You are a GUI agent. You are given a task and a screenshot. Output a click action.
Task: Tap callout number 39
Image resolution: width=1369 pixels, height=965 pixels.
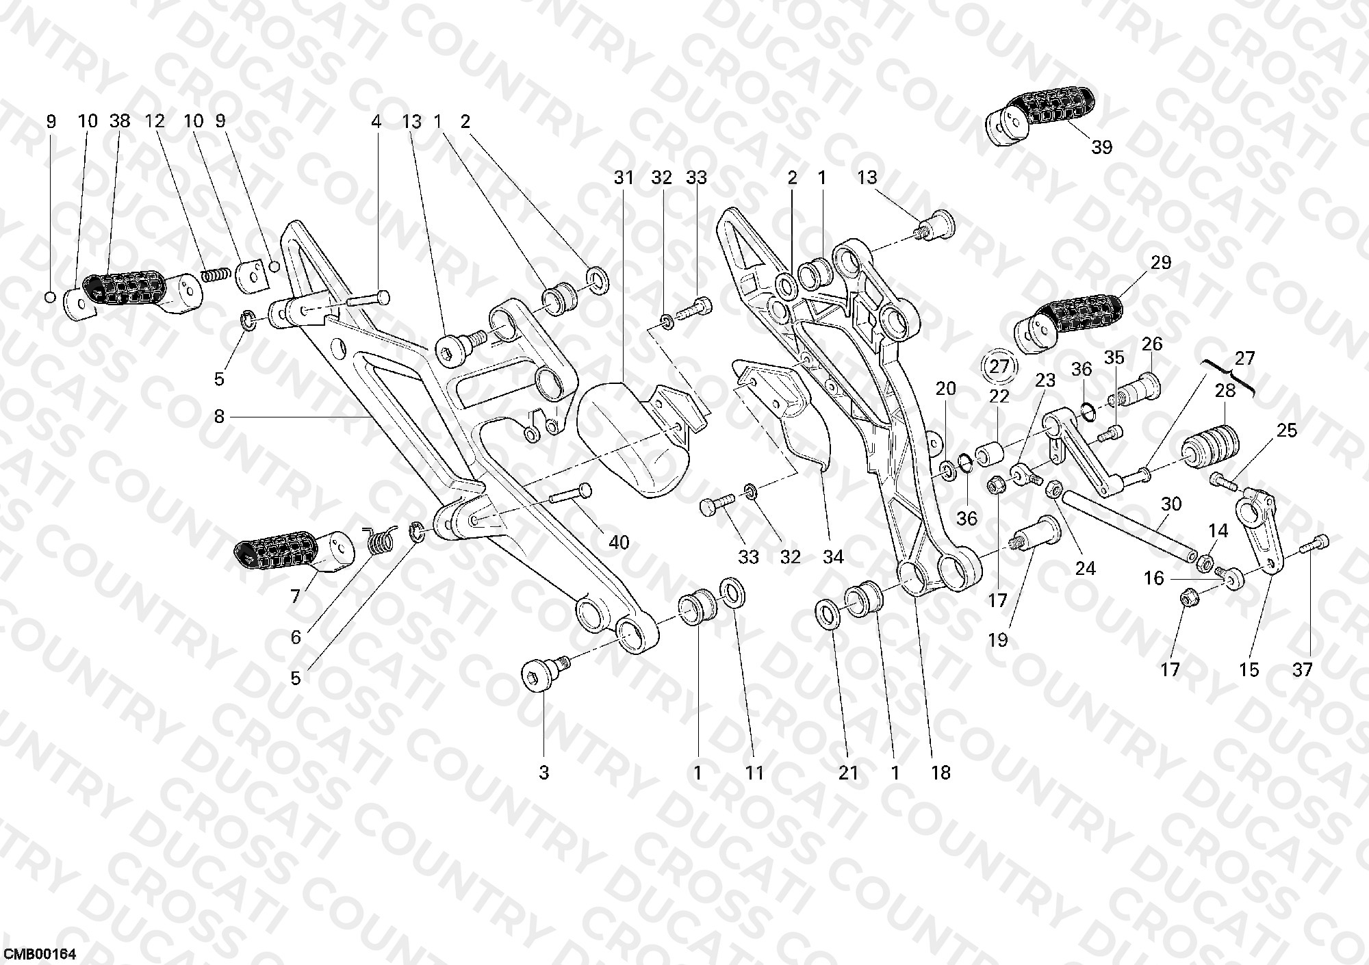pos(1101,147)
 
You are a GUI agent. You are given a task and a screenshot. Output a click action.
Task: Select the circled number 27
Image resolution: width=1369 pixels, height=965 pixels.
pos(1000,365)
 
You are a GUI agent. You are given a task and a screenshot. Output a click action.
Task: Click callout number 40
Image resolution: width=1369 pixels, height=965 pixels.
pos(619,543)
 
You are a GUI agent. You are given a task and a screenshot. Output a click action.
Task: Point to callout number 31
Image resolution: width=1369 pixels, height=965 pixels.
pos(624,178)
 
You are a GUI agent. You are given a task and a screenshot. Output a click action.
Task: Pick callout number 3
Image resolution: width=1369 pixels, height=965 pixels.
pos(543,773)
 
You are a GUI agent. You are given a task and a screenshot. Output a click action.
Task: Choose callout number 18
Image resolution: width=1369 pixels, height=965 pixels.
pos(941,773)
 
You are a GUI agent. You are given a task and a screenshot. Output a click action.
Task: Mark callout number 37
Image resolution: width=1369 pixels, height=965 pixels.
pos(1302,669)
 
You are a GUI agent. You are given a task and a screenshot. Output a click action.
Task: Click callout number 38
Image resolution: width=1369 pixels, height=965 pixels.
pos(119,122)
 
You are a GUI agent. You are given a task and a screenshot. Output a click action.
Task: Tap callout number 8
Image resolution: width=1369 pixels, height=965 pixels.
pos(219,416)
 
